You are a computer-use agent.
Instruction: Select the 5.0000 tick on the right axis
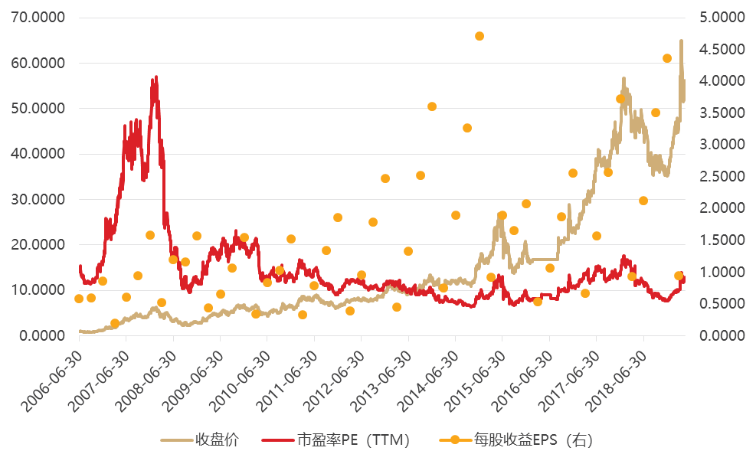(x=722, y=18)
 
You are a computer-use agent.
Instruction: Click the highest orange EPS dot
(x=479, y=36)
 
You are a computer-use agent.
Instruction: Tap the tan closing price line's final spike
(x=681, y=41)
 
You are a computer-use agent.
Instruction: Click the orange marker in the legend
(x=454, y=440)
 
